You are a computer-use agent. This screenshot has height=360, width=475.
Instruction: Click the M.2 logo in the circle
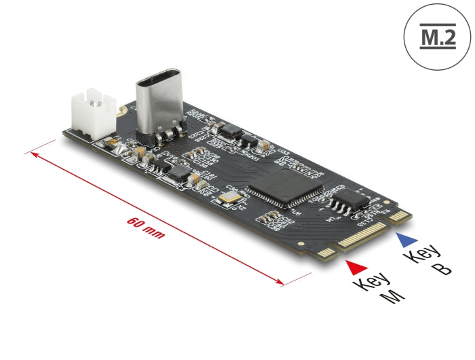437,35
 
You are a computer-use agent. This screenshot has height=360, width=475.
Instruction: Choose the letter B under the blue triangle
440,269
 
